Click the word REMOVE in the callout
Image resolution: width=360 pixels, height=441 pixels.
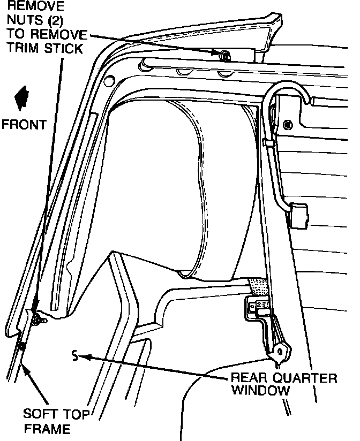[x=33, y=7]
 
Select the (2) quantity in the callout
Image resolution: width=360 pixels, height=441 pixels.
[x=56, y=21]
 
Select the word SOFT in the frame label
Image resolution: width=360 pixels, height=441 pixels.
[x=37, y=414]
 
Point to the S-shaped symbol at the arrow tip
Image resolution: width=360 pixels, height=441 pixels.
[x=75, y=354]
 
